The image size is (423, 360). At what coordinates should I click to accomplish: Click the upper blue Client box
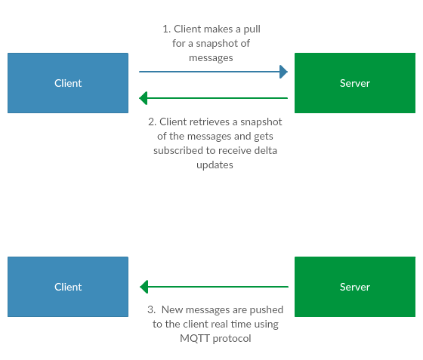[68, 83]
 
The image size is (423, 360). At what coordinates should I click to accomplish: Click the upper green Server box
[355, 83]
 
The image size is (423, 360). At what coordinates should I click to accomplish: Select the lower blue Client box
[68, 287]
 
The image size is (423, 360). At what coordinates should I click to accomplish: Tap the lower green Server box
[355, 287]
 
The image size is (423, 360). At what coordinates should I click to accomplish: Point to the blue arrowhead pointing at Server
[283, 72]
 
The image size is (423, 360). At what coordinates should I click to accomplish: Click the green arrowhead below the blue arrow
[144, 98]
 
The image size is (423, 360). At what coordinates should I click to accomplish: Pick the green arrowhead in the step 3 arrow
[144, 287]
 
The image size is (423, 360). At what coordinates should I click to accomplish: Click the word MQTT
[195, 338]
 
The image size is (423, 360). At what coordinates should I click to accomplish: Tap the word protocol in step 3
[232, 339]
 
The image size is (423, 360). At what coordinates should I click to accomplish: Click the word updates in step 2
[215, 165]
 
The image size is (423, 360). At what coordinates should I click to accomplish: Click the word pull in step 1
[252, 29]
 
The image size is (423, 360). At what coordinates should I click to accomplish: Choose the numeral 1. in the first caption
[167, 29]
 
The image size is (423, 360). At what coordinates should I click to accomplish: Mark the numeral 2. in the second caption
[152, 122]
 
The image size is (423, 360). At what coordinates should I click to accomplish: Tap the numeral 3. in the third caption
[152, 309]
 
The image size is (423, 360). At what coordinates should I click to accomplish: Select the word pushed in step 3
[266, 310]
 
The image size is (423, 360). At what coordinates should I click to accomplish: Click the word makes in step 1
[219, 29]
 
